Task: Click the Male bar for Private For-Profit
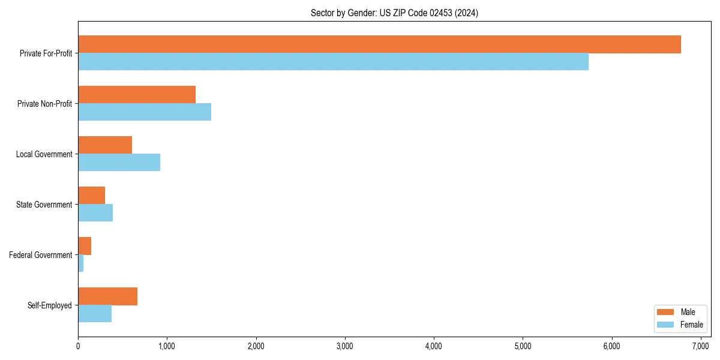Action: click(x=379, y=44)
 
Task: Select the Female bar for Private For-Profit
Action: click(x=333, y=62)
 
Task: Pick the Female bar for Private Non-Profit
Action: click(x=145, y=112)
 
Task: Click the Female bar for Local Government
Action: click(x=119, y=163)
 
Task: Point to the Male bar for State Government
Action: click(x=91, y=196)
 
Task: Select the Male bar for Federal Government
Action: click(x=85, y=246)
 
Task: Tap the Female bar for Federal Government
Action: click(x=81, y=263)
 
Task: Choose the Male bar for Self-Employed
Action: click(x=107, y=296)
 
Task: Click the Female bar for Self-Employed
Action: click(x=95, y=314)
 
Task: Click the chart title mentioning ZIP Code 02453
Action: click(x=394, y=13)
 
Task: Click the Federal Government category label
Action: click(x=41, y=255)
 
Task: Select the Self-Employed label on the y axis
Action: click(x=50, y=305)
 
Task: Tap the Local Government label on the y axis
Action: click(x=44, y=154)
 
